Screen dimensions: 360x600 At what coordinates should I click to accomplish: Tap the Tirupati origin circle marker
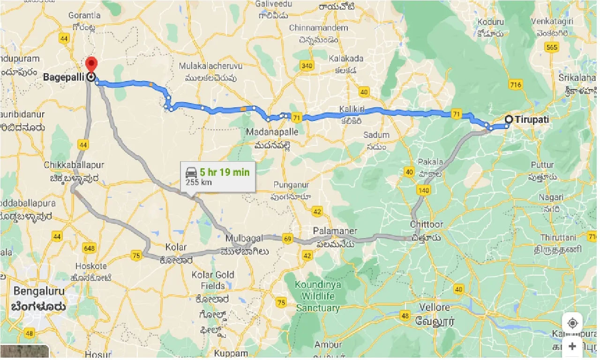[509, 120]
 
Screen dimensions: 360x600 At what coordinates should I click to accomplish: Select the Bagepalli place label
[66, 77]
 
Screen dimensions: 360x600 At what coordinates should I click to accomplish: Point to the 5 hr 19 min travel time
[225, 172]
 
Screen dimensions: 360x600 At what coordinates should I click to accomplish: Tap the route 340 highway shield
[307, 66]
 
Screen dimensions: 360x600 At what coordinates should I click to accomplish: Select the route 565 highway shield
[552, 47]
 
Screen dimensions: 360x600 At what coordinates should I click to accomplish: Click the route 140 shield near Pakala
[423, 190]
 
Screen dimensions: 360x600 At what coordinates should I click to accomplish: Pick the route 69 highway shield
[288, 240]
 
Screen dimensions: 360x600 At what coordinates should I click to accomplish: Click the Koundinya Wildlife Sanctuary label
[318, 296]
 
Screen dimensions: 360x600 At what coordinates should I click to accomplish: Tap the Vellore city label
[434, 308]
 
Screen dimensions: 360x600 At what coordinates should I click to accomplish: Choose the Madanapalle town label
[272, 132]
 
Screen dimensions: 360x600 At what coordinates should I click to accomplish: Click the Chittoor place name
[426, 225]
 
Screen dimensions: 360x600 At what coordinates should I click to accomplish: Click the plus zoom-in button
[572, 346]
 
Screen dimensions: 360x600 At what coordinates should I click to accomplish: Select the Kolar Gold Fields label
[213, 280]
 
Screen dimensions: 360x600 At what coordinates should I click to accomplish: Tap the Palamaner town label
[336, 231]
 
